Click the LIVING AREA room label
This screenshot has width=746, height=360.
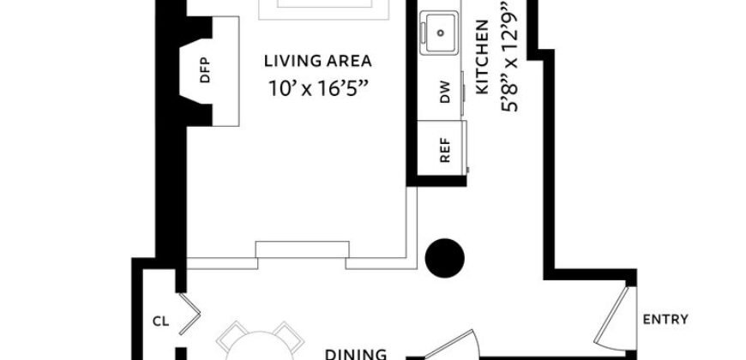[317, 61]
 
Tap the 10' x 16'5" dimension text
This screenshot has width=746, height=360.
[317, 86]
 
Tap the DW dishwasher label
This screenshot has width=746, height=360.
[444, 96]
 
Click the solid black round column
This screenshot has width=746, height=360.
[445, 256]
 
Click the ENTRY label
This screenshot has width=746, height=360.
[665, 320]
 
